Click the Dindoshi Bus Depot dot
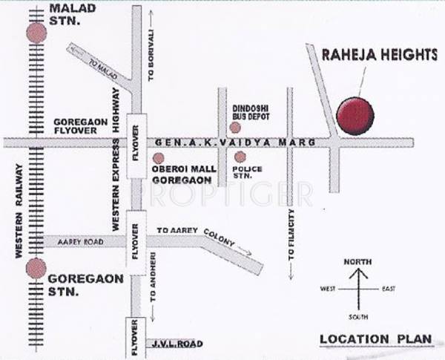click(x=235, y=128)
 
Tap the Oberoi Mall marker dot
click(x=158, y=158)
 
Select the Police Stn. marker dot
click(x=240, y=157)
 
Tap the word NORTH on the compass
click(x=358, y=261)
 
